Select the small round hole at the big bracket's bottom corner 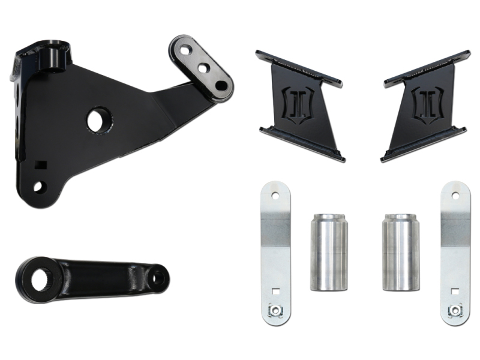(x=38, y=187)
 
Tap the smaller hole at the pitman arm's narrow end (x=157, y=277)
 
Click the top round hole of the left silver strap (x=275, y=196)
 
